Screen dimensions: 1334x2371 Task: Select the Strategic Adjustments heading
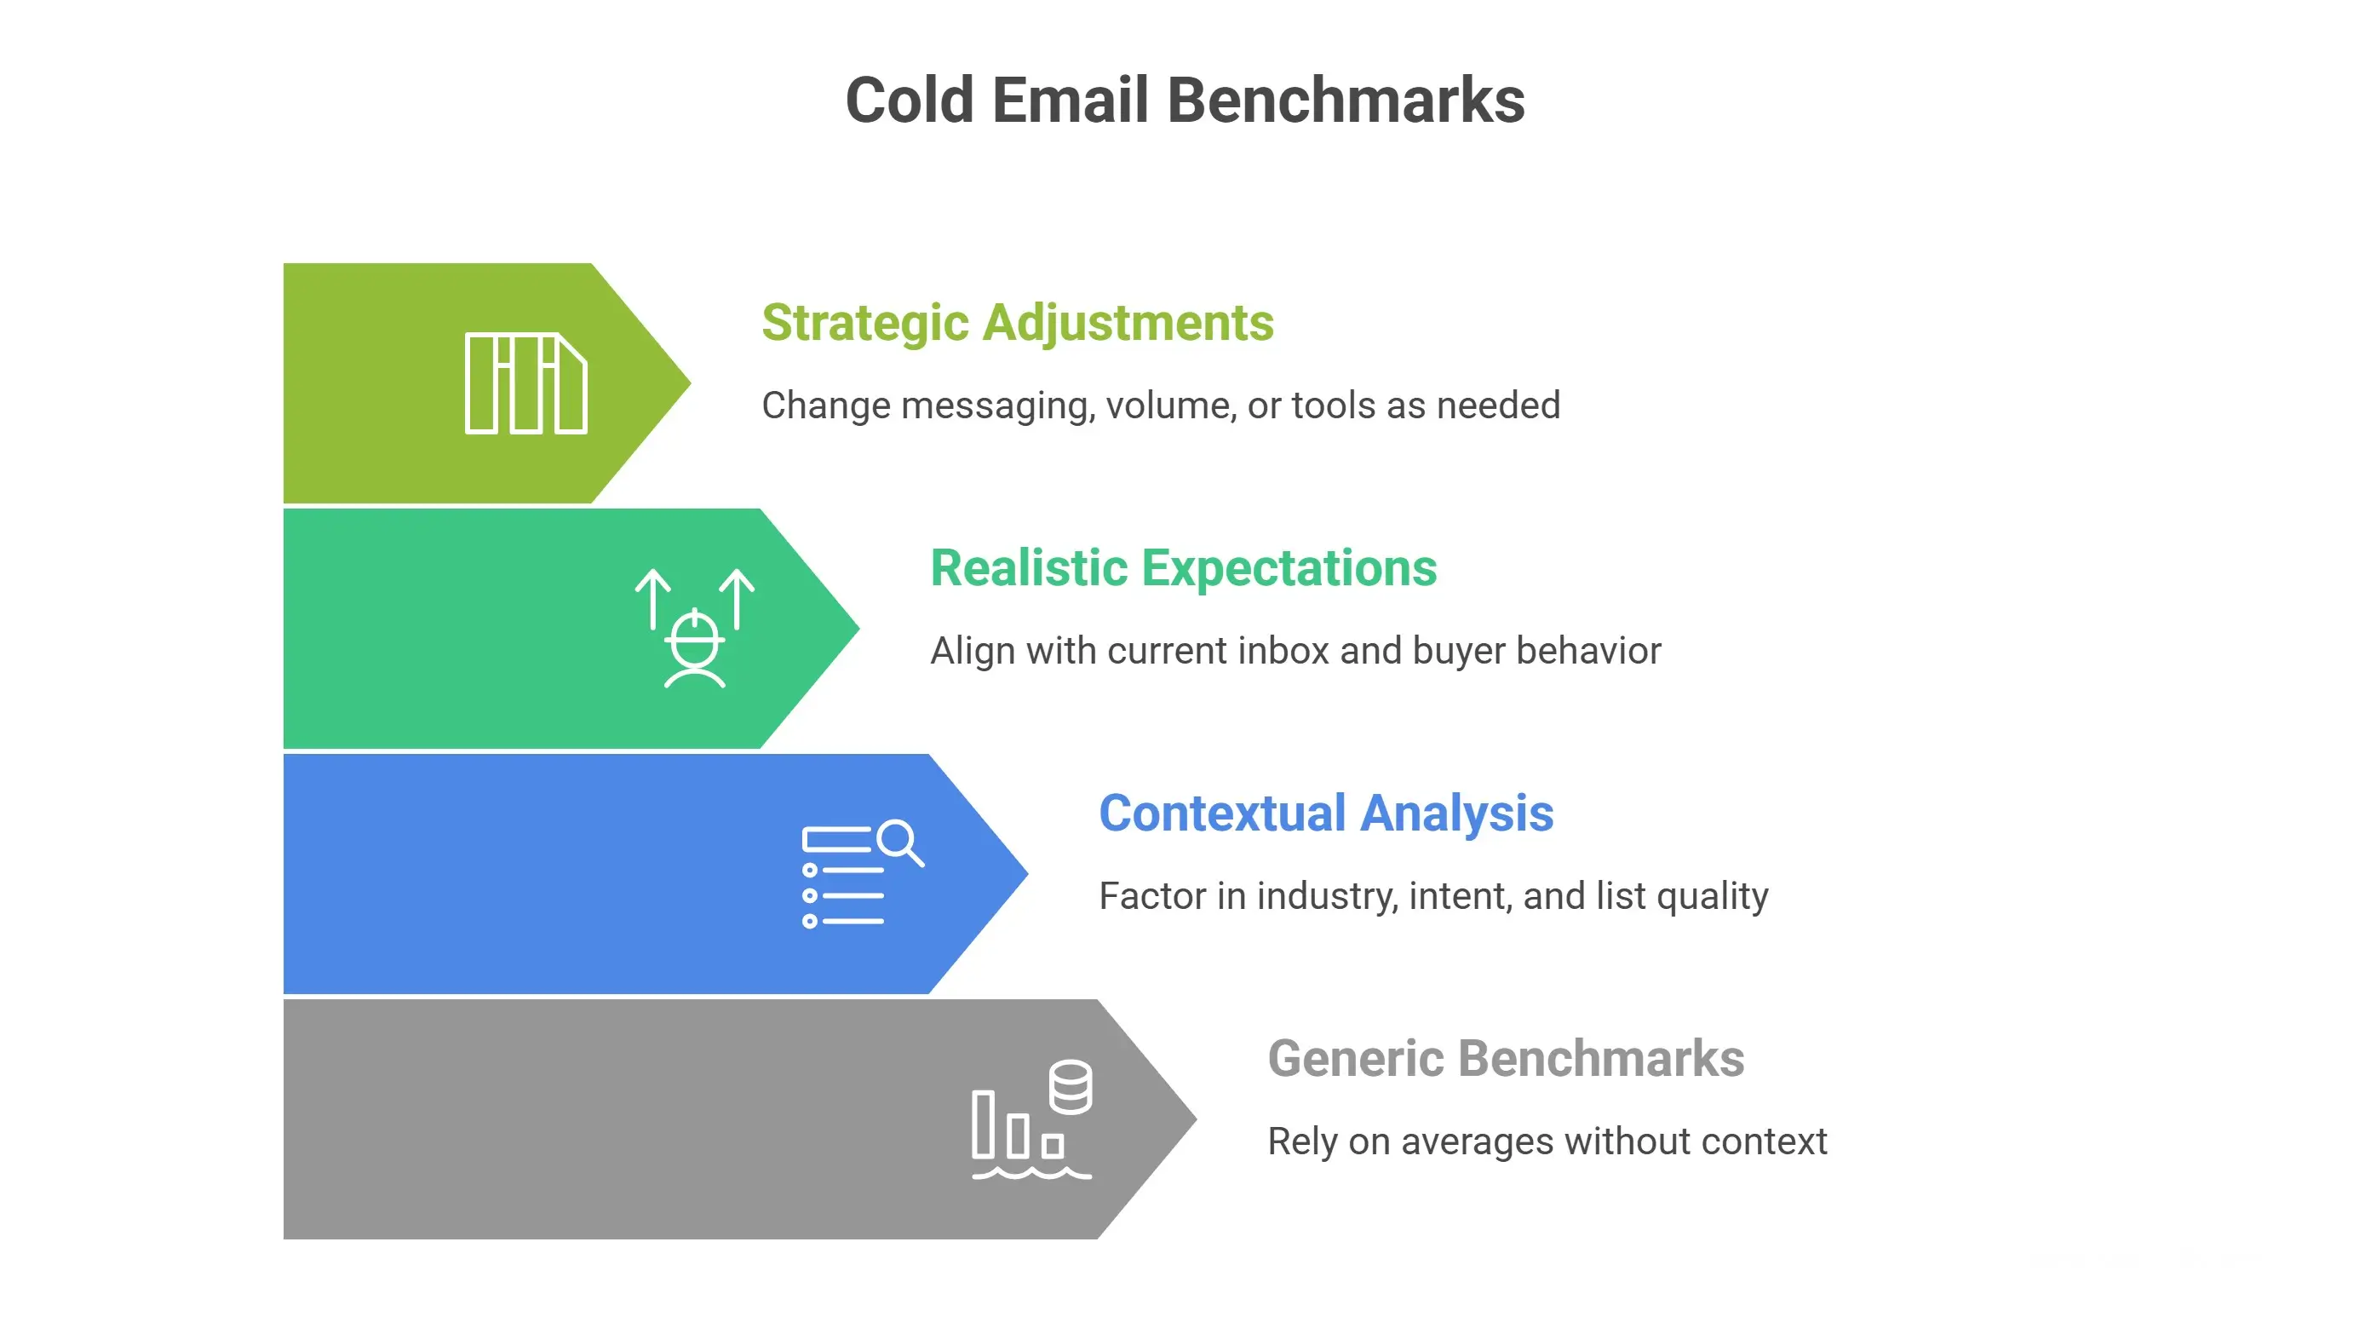click(1017, 323)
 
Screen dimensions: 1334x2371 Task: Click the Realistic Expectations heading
click(1183, 568)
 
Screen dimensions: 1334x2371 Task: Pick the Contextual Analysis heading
click(1325, 814)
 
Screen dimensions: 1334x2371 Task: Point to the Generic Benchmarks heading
click(1505, 1059)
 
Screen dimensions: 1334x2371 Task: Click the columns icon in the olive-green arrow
click(525, 383)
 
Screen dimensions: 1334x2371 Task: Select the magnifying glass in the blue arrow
click(898, 842)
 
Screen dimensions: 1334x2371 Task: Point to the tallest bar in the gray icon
click(983, 1124)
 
